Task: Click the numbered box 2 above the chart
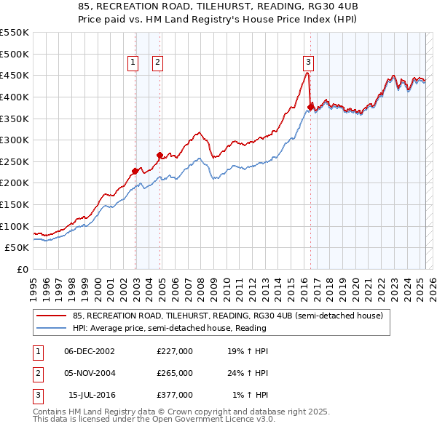click(x=157, y=63)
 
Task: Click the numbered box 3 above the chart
click(x=309, y=63)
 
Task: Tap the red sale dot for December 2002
click(x=135, y=171)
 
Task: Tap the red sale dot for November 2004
click(x=160, y=155)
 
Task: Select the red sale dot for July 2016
click(x=310, y=107)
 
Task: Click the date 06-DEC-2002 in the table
click(x=90, y=350)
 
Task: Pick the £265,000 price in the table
click(x=175, y=373)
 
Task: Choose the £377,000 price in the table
click(x=175, y=396)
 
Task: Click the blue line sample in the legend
click(x=51, y=329)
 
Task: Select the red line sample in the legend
click(x=51, y=316)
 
